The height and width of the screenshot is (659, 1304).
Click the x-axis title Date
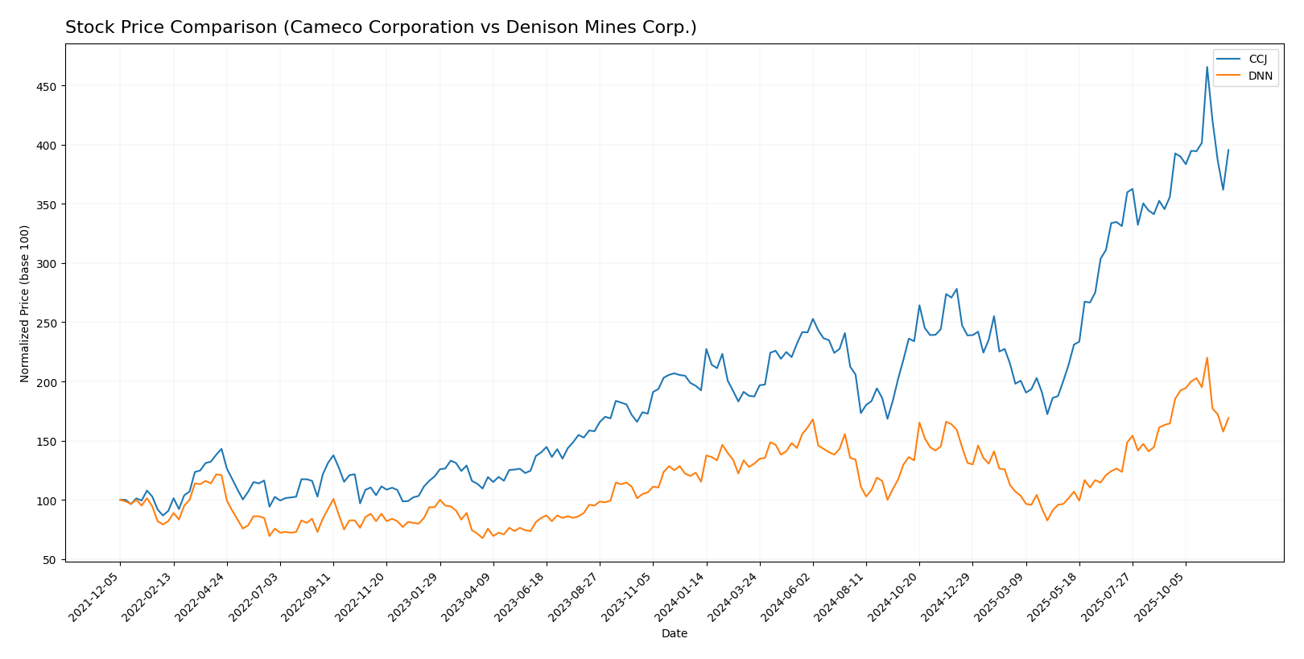click(x=674, y=634)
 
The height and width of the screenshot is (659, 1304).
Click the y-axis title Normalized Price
click(x=25, y=303)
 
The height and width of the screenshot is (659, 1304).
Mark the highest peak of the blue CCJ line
click(x=1207, y=67)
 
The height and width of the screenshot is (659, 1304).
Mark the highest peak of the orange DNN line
click(x=1207, y=358)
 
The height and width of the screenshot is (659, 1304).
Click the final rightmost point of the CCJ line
click(x=1228, y=150)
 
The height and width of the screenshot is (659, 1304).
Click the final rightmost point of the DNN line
click(x=1228, y=418)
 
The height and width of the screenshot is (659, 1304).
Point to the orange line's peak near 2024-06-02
click(x=812, y=419)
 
